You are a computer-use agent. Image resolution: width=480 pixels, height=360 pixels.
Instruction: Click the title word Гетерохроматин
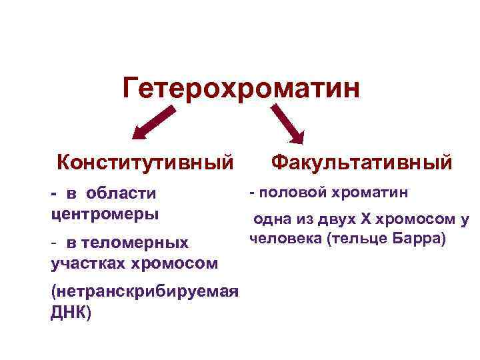pos(241,88)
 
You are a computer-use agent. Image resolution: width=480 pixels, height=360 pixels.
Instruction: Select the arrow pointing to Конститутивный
pos(155,123)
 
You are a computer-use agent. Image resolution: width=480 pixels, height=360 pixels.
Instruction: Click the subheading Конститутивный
pos(145,162)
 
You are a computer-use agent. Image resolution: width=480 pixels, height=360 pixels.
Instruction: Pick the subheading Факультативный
pos(362,162)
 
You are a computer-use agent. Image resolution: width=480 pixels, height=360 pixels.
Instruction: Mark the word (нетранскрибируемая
pos(144,292)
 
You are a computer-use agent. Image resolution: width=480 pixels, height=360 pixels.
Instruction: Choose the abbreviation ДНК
pos(67,313)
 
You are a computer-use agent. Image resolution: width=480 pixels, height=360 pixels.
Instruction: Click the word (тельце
pos(359,239)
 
